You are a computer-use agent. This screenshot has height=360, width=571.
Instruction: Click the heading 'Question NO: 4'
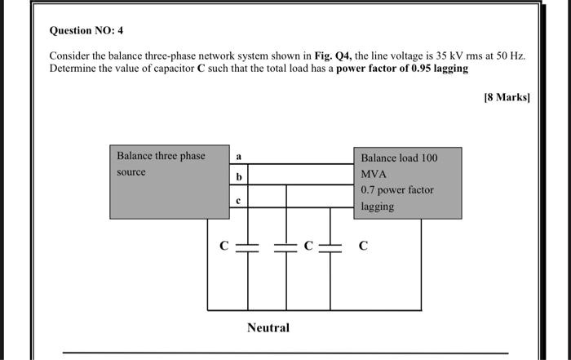(86, 30)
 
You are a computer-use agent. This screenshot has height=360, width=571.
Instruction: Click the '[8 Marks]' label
(507, 97)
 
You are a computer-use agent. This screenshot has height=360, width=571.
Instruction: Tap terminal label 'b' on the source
(238, 176)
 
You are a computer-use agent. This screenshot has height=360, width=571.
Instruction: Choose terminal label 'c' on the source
(238, 198)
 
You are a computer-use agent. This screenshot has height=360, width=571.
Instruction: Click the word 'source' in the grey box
(131, 172)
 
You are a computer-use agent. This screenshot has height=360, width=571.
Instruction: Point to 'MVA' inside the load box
(374, 174)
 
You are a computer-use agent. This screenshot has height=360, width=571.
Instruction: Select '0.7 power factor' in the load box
(397, 190)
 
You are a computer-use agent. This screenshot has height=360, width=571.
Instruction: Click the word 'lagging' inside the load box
(378, 207)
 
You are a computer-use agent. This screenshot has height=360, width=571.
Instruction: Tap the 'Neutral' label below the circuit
(268, 327)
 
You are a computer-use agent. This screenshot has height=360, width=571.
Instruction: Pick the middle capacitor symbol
(286, 247)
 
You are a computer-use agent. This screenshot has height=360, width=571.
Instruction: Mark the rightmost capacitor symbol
(330, 247)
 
